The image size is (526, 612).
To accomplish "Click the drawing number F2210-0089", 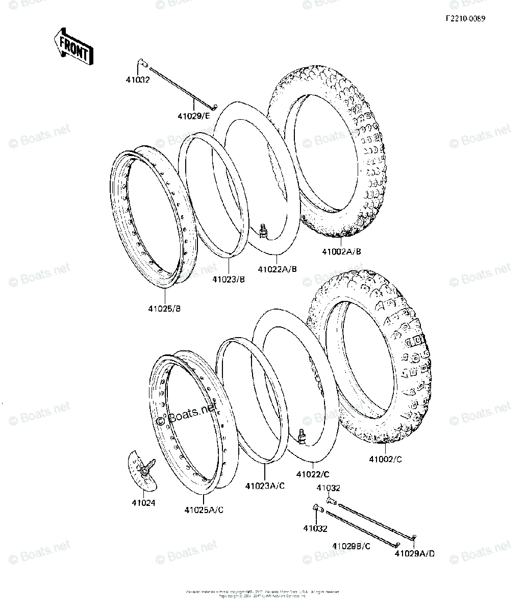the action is tap(465, 19).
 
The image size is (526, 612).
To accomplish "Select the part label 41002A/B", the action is tap(341, 251).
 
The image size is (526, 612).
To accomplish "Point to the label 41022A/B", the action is tap(277, 269).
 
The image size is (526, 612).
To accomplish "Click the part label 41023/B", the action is tap(229, 279).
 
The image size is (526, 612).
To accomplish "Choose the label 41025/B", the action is tap(165, 309).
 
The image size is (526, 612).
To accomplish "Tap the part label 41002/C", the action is tap(385, 459).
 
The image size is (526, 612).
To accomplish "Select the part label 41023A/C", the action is tap(265, 486).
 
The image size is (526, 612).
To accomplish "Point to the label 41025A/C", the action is tap(204, 509).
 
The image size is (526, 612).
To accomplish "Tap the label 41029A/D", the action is tap(415, 554).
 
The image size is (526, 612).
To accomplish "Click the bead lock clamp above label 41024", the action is tap(143, 468).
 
